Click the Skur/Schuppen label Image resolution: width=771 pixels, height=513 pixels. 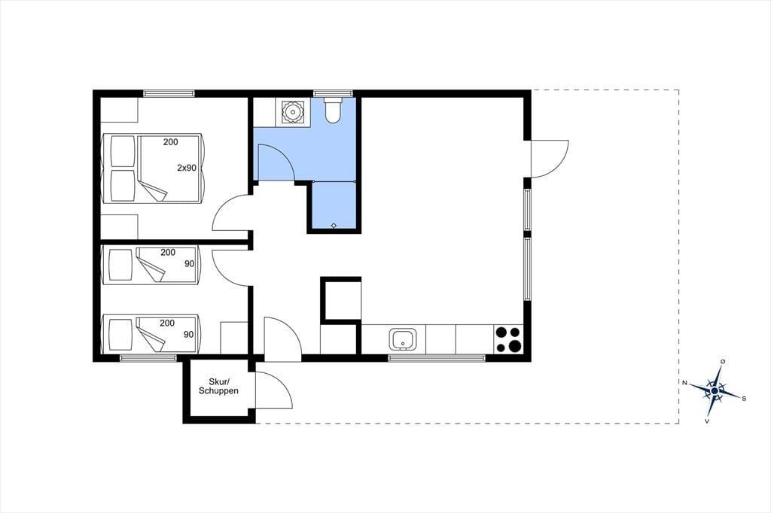coord(218,386)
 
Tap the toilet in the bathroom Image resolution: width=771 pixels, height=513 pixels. coord(334,110)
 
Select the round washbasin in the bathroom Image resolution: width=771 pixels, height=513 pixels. coord(293,111)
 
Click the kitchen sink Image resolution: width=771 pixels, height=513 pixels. coord(403,338)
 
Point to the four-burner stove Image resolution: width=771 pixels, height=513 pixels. coord(509,339)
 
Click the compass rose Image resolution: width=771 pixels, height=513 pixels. coord(715,390)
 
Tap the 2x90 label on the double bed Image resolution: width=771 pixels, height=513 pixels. coord(187,168)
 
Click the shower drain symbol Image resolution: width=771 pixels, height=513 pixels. coord(334,226)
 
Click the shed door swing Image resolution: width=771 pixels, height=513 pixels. coord(274,390)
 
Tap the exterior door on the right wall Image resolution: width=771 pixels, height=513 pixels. coord(550,158)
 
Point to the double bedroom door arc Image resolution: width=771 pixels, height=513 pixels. coord(232,212)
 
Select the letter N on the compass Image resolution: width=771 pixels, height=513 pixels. coord(684,382)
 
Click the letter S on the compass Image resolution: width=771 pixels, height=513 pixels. coord(744,399)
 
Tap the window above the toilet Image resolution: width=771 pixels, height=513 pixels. coord(334,93)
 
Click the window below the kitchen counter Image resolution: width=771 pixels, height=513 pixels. coord(437,358)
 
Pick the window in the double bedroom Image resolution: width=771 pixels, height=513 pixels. coord(169,93)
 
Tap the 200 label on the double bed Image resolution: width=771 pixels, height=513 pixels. coord(171,142)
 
